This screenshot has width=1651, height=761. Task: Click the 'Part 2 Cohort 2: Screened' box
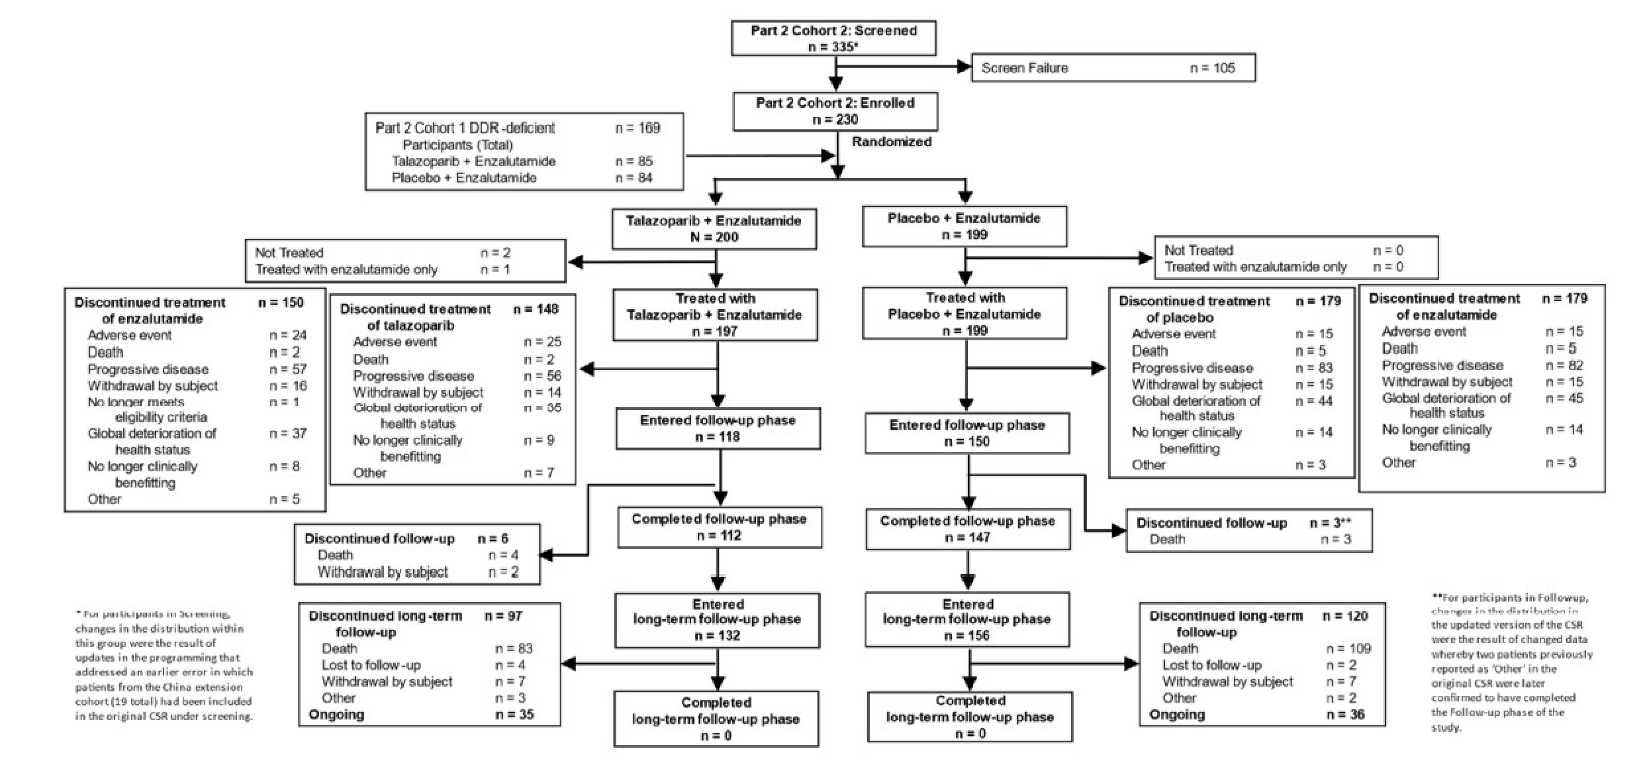(x=833, y=38)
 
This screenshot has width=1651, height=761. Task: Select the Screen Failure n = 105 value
(x=1212, y=68)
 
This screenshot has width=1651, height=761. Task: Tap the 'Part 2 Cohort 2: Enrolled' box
(x=835, y=111)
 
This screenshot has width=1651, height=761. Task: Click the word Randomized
(x=891, y=142)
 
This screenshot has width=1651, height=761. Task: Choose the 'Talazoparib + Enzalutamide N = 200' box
(x=714, y=229)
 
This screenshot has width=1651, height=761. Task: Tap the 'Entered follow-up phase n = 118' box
(x=718, y=428)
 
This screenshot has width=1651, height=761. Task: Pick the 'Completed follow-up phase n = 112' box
(x=719, y=527)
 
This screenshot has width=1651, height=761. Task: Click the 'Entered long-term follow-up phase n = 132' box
(x=717, y=620)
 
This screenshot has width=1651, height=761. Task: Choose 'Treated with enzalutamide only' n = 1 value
(x=495, y=269)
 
